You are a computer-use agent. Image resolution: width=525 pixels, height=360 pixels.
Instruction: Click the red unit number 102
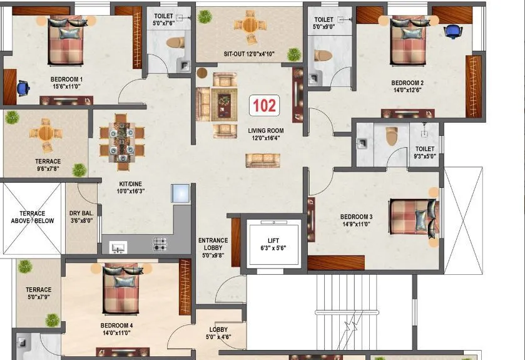pyautogui.click(x=264, y=105)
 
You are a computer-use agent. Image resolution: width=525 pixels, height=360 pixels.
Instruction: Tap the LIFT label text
pyautogui.click(x=274, y=240)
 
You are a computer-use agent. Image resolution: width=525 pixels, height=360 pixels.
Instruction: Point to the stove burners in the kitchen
pyautogui.click(x=160, y=244)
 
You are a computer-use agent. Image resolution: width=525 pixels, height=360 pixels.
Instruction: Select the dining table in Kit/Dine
pyautogui.click(x=121, y=141)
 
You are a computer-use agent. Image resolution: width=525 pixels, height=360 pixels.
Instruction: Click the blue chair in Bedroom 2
pyautogui.click(x=452, y=31)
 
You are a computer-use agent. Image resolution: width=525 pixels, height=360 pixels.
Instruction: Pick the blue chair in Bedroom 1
pyautogui.click(x=23, y=88)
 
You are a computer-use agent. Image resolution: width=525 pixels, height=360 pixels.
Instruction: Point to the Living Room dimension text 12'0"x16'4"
pyautogui.click(x=265, y=138)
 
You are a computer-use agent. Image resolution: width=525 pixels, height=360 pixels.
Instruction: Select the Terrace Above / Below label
pyautogui.click(x=32, y=217)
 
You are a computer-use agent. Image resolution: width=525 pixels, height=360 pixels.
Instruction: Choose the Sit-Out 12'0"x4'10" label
pyautogui.click(x=248, y=54)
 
